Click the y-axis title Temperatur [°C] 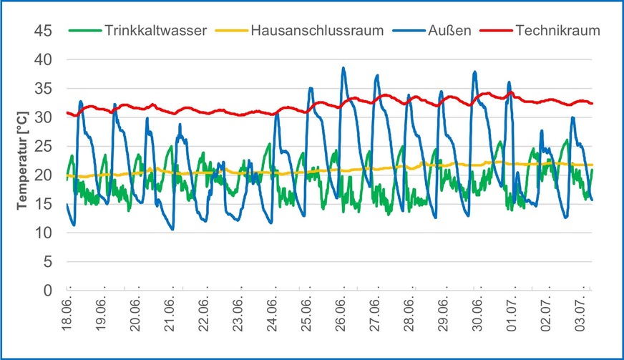pyautogui.click(x=22, y=160)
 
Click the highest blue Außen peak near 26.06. pyautogui.click(x=343, y=68)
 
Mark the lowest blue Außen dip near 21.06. pyautogui.click(x=172, y=229)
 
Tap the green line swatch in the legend pyautogui.click(x=84, y=31)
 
